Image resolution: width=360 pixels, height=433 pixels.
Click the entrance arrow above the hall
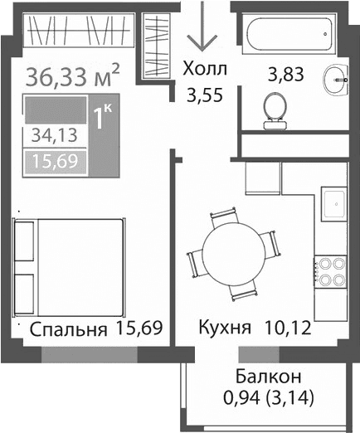200,32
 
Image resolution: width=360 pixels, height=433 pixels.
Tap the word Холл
203,69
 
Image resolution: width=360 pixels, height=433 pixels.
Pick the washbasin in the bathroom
336,78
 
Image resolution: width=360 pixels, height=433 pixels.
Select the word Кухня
225,328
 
